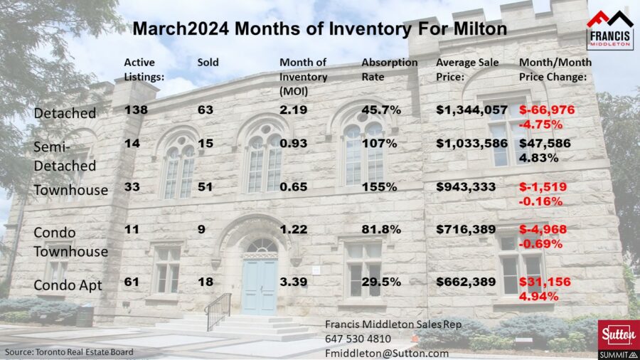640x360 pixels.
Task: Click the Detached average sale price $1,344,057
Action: click(x=471, y=110)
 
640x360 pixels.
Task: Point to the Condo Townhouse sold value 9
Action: click(x=201, y=230)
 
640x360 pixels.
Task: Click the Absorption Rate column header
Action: click(x=389, y=70)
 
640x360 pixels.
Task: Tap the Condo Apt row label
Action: click(x=68, y=285)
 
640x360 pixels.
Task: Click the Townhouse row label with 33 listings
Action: click(x=70, y=190)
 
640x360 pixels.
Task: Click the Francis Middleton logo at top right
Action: click(x=609, y=29)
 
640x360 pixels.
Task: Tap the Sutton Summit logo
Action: click(x=617, y=339)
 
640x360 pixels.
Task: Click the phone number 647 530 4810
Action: click(x=359, y=339)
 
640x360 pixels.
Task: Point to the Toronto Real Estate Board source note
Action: click(x=69, y=351)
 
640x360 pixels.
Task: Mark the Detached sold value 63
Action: click(x=205, y=110)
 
